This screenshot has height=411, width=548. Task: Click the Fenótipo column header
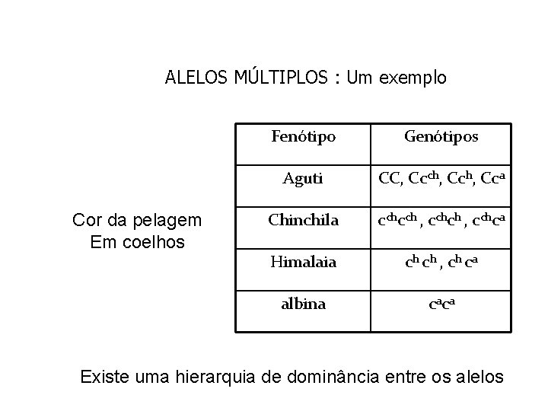[x=303, y=137]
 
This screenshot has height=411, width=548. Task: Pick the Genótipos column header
[x=441, y=137]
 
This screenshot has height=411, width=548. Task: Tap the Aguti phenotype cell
[x=303, y=179]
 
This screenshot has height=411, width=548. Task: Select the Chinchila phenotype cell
[x=303, y=221]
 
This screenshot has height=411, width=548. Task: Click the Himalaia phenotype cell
[x=303, y=263]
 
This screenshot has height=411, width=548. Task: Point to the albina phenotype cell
[x=303, y=304]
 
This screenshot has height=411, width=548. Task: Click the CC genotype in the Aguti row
[x=390, y=180]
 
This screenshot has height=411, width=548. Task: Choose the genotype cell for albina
[x=441, y=304]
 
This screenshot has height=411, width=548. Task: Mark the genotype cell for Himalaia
[x=441, y=263]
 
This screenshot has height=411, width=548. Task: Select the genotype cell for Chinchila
[x=441, y=221]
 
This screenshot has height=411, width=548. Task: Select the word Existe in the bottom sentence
[x=104, y=375]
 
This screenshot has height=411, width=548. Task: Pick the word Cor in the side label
[x=84, y=221]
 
